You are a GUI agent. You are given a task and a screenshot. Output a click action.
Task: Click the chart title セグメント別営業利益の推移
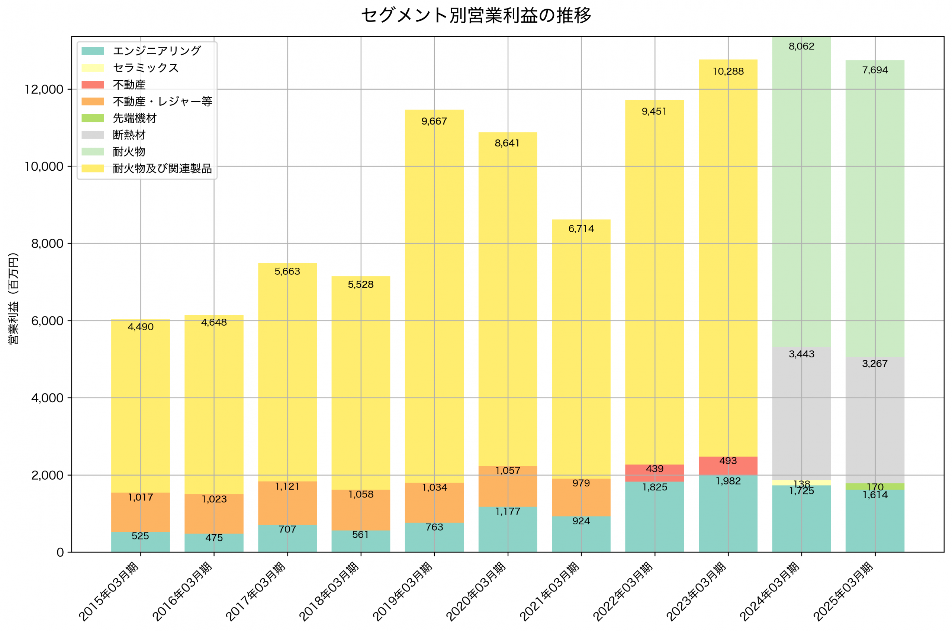click(x=476, y=15)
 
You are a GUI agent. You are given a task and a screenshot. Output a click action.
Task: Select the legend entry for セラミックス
click(x=146, y=68)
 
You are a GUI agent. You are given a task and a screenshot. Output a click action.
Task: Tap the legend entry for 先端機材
click(x=134, y=118)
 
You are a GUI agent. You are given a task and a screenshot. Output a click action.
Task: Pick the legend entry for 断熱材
click(x=129, y=135)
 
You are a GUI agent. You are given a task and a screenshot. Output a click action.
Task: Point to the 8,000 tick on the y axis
click(x=47, y=244)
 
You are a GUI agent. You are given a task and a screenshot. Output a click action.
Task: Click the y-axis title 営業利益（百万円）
click(x=13, y=298)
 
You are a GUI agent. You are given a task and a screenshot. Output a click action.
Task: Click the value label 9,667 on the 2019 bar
click(x=434, y=121)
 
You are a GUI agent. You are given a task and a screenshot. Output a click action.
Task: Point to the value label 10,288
click(x=728, y=71)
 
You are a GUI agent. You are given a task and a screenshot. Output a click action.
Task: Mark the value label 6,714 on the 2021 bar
click(x=581, y=229)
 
